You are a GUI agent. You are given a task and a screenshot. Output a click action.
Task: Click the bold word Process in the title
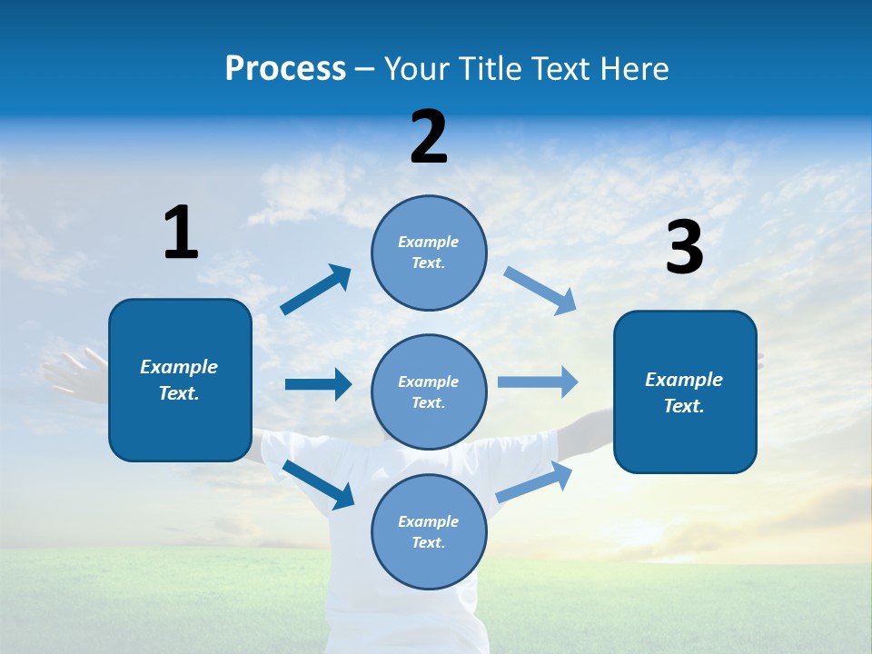tap(285, 69)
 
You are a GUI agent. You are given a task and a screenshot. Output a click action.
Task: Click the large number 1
tap(181, 233)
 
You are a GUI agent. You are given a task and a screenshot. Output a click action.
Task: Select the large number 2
tap(429, 137)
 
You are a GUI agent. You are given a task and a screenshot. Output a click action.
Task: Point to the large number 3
tap(684, 247)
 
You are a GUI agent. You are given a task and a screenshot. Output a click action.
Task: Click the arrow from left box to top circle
tap(315, 290)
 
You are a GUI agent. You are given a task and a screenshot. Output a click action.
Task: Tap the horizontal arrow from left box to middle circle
tap(318, 384)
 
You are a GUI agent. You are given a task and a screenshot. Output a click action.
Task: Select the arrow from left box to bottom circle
tap(318, 484)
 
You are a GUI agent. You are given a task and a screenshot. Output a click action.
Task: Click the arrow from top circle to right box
tap(540, 291)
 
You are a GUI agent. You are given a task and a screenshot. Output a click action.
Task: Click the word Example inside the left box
tap(179, 367)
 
